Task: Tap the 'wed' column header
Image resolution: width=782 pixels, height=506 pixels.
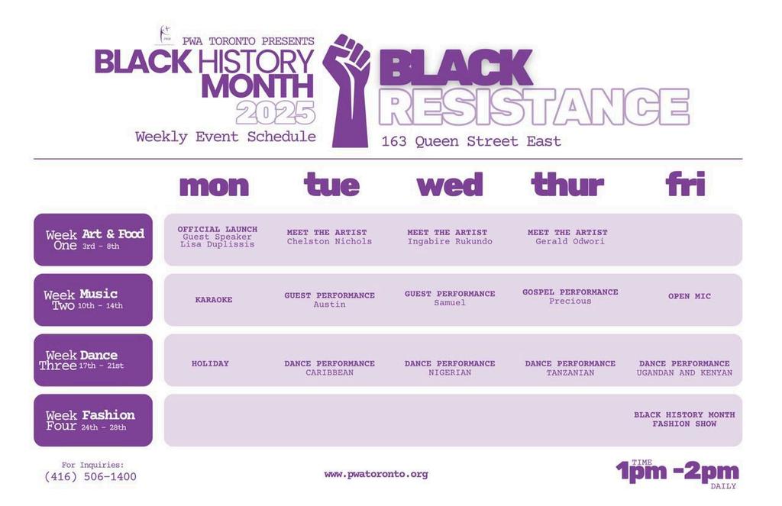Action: tap(450, 185)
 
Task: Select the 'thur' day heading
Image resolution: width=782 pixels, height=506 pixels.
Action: tap(567, 185)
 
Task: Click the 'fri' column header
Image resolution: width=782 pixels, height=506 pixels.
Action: tap(686, 184)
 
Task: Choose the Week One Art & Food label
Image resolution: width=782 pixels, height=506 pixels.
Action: tap(93, 240)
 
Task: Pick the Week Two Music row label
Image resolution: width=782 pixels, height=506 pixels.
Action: tap(93, 300)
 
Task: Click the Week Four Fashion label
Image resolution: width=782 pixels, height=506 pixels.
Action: tap(93, 421)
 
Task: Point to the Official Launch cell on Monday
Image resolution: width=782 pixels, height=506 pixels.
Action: tap(218, 237)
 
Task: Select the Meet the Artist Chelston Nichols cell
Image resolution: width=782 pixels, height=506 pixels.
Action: tap(329, 237)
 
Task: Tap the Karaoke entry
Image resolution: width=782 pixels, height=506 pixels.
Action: tap(214, 300)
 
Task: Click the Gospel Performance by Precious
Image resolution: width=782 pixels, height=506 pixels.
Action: tap(570, 297)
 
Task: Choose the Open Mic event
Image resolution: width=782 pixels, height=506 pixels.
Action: tap(690, 296)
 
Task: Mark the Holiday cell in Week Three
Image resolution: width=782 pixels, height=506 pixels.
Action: tap(210, 363)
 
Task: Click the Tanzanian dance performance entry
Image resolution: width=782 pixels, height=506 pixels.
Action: tap(570, 368)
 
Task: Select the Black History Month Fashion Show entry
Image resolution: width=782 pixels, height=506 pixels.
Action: tap(684, 419)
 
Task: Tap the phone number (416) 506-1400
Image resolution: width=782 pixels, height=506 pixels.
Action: tap(90, 476)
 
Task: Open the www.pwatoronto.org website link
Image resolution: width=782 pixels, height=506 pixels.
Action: tap(376, 474)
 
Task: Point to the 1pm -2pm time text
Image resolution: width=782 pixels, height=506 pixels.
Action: tap(677, 471)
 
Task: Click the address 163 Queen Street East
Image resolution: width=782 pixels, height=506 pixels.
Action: tap(471, 142)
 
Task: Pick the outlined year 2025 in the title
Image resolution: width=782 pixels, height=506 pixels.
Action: tap(275, 113)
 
